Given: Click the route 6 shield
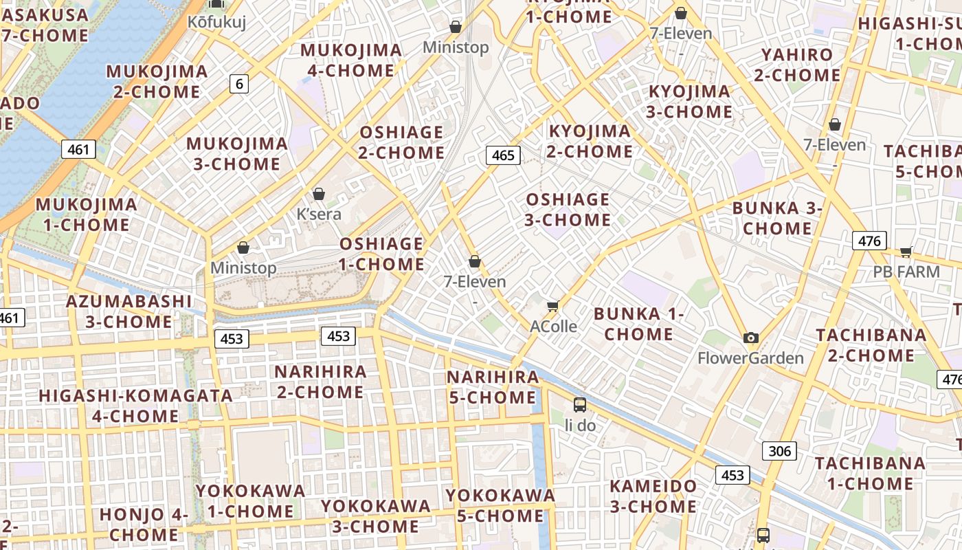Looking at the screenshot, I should [238, 84].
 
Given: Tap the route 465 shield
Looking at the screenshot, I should [503, 155].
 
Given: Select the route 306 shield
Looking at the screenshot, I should [779, 451].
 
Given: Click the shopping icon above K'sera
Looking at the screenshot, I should [318, 194].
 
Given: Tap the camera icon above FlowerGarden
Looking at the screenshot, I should [751, 338].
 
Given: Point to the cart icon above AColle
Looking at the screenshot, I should [552, 306].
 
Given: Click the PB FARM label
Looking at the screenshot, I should [906, 272].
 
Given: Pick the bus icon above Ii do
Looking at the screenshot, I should [580, 404].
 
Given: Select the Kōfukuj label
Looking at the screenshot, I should [216, 22].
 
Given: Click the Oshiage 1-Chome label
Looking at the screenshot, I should [381, 254].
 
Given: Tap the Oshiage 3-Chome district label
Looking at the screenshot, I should [568, 210].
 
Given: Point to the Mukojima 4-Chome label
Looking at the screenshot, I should [351, 60].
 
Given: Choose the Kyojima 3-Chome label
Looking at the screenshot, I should [690, 101].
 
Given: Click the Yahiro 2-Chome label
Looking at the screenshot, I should [797, 65].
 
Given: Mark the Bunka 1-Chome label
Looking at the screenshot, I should [639, 324].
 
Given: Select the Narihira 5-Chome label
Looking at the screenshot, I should [492, 387].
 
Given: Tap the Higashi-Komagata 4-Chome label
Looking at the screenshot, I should [135, 406].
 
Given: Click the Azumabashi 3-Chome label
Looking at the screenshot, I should [128, 311].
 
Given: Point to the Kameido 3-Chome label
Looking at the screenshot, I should [653, 496].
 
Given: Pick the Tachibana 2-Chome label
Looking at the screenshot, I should [871, 345].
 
